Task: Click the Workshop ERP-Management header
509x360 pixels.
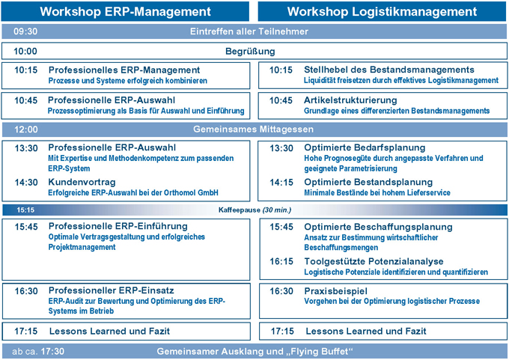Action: tap(125, 11)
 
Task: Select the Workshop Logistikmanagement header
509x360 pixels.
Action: tap(382, 11)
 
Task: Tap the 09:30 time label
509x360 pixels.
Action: tap(25, 31)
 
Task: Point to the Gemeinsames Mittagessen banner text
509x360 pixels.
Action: tap(253, 129)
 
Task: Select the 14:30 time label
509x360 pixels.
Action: tap(26, 182)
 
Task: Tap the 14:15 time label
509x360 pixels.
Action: tap(281, 182)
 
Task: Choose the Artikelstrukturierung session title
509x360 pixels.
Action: tap(351, 100)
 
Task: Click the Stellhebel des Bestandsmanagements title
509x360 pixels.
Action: tap(389, 70)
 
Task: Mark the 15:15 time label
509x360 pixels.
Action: tap(25, 210)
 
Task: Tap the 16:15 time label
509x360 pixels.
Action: tap(281, 261)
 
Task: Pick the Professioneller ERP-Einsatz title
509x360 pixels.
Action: tap(112, 290)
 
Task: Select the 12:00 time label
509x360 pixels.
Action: tap(25, 129)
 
